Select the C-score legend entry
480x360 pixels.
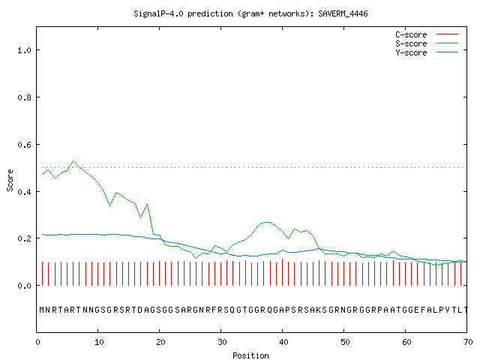(427, 34)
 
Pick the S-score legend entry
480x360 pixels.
(427, 43)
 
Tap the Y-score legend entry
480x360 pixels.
(427, 52)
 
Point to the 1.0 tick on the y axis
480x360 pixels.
(24, 50)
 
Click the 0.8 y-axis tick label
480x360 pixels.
(24, 97)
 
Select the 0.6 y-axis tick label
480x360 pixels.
(24, 145)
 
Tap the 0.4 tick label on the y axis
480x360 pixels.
(24, 192)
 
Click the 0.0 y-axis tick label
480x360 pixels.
(24, 286)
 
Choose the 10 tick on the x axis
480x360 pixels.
(99, 342)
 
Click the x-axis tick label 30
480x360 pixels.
(222, 342)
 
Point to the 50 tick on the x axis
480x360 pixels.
(345, 342)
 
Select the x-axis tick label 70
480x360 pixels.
(468, 342)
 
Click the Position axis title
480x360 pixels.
(250, 355)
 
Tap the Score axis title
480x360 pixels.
(10, 180)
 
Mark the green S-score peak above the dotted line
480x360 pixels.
(73, 161)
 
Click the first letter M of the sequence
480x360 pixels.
(42, 310)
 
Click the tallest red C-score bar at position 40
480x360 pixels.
(282, 272)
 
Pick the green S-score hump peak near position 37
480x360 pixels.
(267, 222)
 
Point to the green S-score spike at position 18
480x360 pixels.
(148, 203)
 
